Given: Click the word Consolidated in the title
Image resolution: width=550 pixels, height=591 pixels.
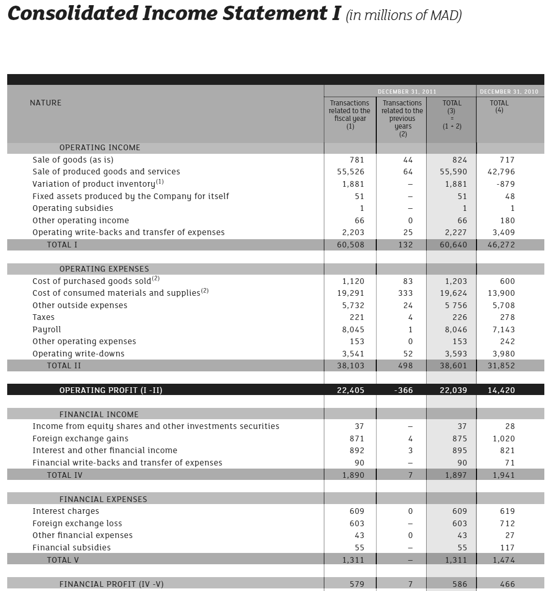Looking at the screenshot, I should point(72,14).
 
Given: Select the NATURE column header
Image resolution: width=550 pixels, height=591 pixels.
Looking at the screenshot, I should point(45,103).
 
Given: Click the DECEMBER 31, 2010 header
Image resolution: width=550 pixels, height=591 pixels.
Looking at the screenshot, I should point(509,92).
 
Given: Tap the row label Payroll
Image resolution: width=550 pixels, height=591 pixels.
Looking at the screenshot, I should point(46,330).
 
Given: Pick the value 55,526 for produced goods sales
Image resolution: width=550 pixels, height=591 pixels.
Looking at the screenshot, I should point(350,172).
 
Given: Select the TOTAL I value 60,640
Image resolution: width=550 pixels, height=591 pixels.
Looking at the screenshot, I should point(453,245).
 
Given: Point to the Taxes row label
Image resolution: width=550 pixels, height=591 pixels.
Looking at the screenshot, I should point(43,317).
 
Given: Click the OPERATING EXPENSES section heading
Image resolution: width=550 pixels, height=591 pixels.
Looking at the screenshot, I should point(104,269).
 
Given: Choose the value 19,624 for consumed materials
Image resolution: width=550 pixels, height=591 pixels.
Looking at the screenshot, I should point(453,293).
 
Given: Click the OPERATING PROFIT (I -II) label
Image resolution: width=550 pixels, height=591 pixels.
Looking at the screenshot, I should point(111,390).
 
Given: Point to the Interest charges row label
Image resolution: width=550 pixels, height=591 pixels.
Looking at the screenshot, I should point(66,511).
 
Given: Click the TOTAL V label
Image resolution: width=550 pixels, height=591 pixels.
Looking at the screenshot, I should point(63,560).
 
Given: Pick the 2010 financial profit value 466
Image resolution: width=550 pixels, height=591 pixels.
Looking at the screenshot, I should point(507,584).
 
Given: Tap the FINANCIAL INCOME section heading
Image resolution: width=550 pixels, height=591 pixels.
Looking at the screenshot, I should point(99,415).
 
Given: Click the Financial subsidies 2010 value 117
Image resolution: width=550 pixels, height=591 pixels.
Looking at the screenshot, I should point(507,548).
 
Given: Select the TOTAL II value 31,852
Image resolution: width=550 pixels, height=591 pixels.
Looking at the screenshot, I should point(501,366).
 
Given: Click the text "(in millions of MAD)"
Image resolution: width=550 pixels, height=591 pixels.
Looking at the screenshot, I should point(404,15).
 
